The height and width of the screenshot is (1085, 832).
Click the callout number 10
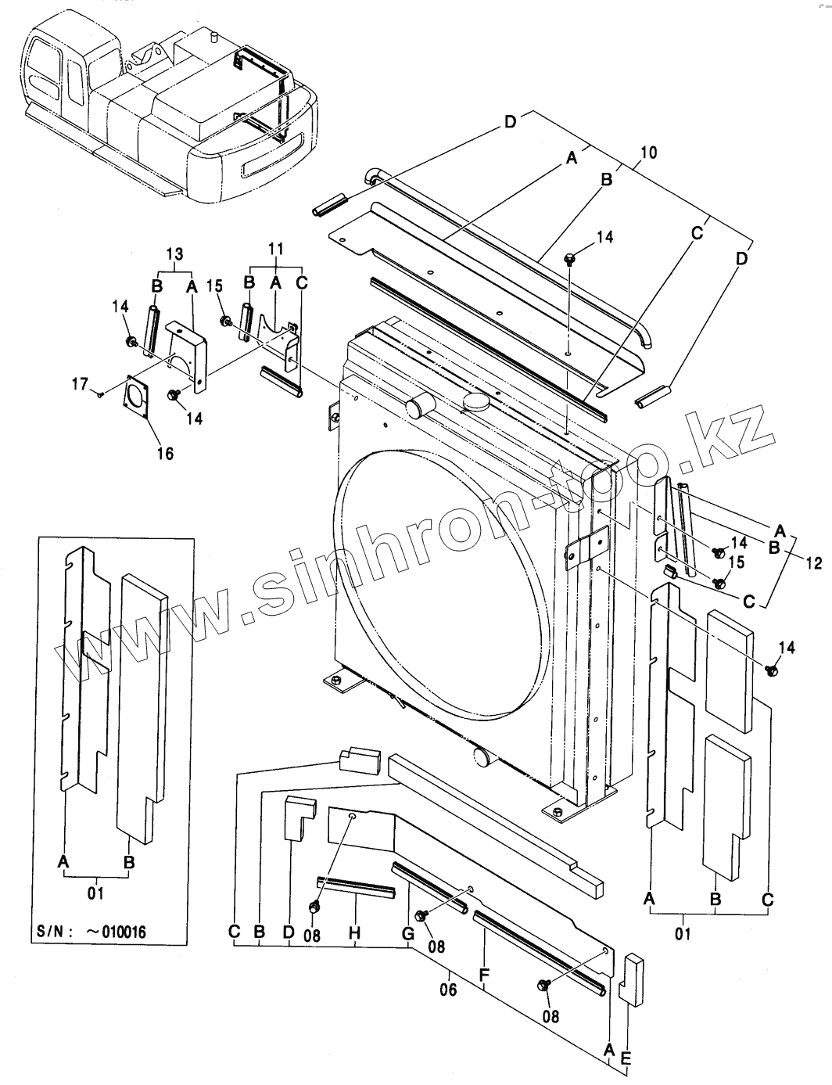coord(647,152)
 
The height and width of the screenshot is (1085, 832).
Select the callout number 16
coord(166,452)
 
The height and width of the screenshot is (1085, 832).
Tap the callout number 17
coord(80,385)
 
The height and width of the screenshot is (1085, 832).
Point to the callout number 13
coord(174,253)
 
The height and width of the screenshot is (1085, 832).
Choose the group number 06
coord(448,988)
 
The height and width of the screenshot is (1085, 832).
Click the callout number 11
coord(275,249)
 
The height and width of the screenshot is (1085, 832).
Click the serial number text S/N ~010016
coord(91,932)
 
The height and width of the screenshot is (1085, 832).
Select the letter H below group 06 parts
coord(354,932)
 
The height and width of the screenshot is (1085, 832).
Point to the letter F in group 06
coord(484,975)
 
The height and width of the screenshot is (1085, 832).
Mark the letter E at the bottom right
coord(626,1058)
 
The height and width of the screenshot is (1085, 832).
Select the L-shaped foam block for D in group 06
coord(299,818)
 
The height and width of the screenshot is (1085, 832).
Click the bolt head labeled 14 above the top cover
coord(570,257)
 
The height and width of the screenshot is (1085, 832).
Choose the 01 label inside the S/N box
coord(95,892)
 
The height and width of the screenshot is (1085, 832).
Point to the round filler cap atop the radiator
coord(476,401)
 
